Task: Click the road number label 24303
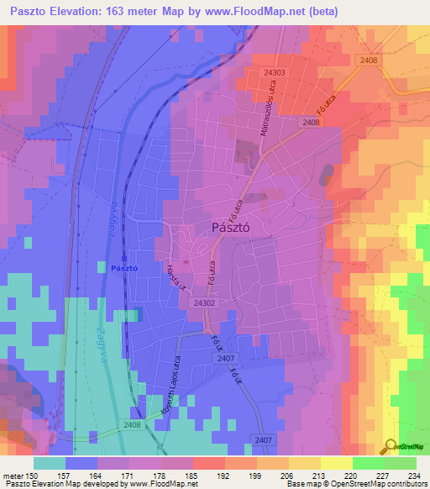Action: [273, 73]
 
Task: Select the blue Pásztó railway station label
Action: [123, 268]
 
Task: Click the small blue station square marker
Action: [123, 257]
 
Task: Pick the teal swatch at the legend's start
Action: [50, 462]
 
